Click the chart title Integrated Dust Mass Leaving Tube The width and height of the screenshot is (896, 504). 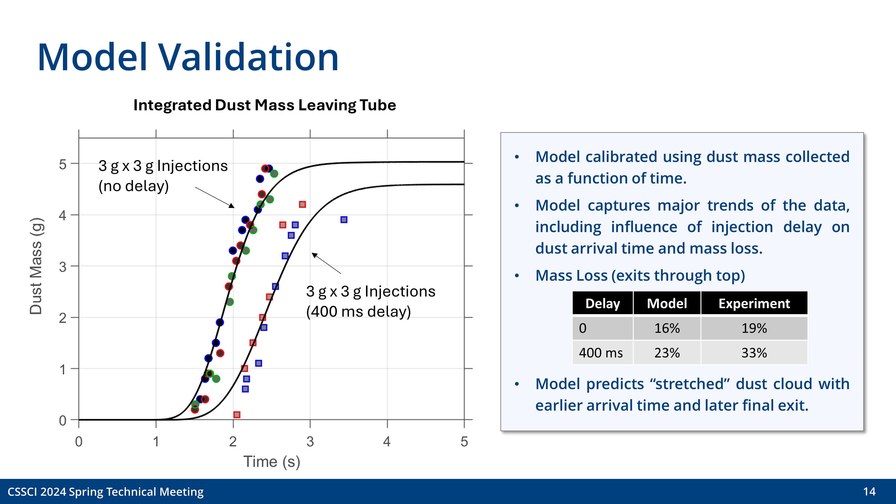(264, 105)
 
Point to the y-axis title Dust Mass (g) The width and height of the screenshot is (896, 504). (36, 266)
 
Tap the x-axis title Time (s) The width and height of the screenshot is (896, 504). (271, 462)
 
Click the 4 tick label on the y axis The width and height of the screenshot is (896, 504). (63, 215)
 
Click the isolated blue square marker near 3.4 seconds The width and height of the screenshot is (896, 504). (344, 220)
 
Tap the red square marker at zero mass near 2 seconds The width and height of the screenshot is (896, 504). (237, 415)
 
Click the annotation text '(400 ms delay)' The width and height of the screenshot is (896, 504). (358, 312)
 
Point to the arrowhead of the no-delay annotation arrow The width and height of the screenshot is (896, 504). (232, 206)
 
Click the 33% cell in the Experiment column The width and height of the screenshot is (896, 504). (754, 353)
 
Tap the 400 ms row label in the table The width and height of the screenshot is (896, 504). (601, 353)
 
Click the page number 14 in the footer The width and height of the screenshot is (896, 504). (869, 491)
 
